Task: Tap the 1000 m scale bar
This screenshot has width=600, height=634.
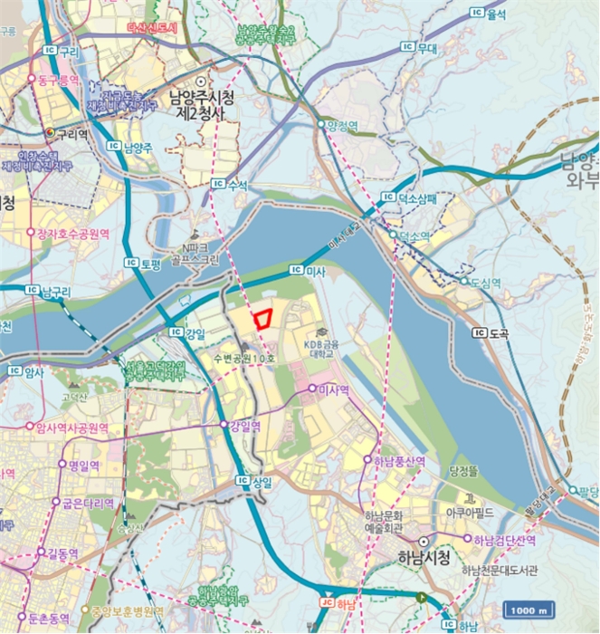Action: [x=524, y=608]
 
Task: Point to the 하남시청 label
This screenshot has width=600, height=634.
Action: [x=423, y=558]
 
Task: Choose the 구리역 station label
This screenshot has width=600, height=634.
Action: [x=67, y=133]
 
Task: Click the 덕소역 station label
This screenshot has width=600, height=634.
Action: [x=410, y=235]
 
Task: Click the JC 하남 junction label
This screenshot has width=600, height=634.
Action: [x=337, y=601]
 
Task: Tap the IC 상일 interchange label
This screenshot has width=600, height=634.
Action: [x=253, y=481]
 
